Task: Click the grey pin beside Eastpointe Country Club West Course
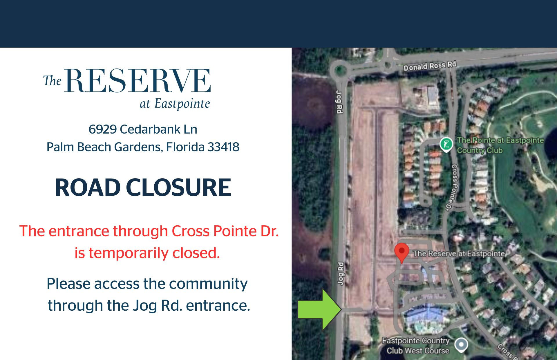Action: click(461, 345)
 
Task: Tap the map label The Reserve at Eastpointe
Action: click(459, 254)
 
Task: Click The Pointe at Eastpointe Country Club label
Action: click(500, 145)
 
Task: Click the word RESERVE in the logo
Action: click(138, 81)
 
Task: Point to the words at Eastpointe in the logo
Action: click(175, 104)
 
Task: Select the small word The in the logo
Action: click(53, 80)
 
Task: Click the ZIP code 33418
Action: click(223, 147)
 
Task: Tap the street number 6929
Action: click(102, 129)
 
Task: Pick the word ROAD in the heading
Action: click(87, 188)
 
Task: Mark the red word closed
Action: click(196, 253)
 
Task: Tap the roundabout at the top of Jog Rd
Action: click(338, 70)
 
